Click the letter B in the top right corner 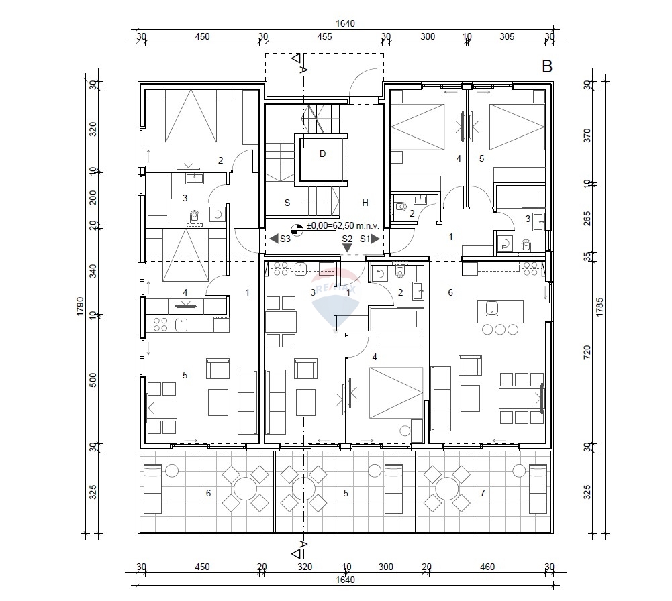(x=546, y=66)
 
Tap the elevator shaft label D (x=322, y=154)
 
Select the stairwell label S (x=287, y=203)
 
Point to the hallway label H (x=365, y=203)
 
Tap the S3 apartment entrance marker (x=280, y=239)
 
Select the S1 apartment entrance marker (x=369, y=239)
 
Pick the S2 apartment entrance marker (x=347, y=243)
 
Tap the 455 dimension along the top (x=324, y=37)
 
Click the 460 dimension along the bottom (x=488, y=567)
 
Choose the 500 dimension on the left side (x=94, y=380)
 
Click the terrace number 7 (x=483, y=493)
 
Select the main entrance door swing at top (x=363, y=87)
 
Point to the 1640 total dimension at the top (x=345, y=23)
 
